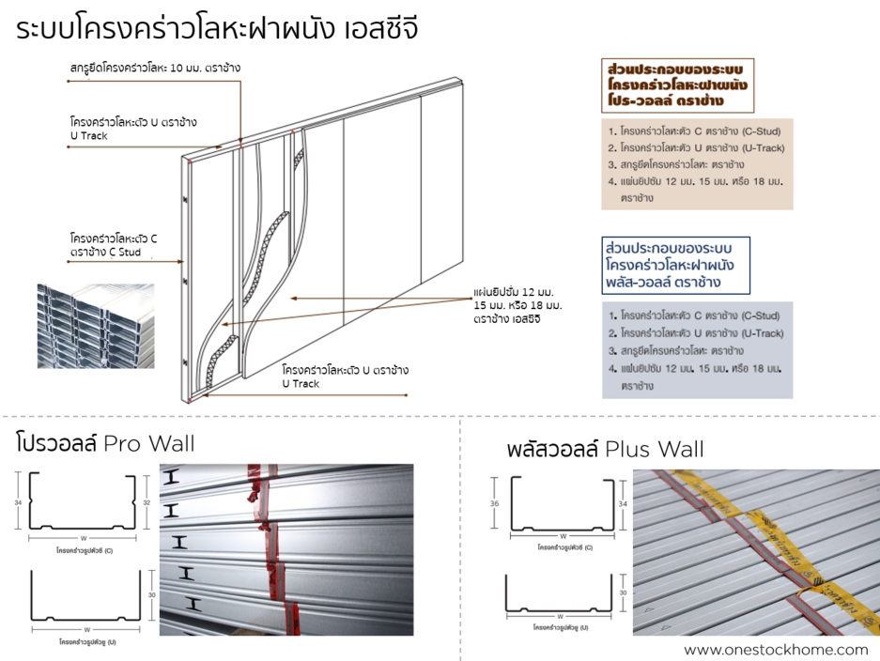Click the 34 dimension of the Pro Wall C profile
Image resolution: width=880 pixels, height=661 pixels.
pyautogui.click(x=19, y=502)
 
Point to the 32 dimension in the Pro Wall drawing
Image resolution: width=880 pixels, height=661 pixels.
pyautogui.click(x=148, y=502)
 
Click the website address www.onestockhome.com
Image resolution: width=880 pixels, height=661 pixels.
pyautogui.click(x=776, y=649)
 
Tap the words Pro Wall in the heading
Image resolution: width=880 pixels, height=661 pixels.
pyautogui.click(x=149, y=443)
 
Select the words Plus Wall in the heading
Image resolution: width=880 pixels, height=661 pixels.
pyautogui.click(x=655, y=449)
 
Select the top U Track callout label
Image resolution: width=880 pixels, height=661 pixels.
pyautogui.click(x=132, y=129)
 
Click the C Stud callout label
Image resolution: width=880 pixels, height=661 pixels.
pyautogui.click(x=113, y=245)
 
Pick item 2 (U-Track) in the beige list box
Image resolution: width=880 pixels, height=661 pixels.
pyautogui.click(x=696, y=148)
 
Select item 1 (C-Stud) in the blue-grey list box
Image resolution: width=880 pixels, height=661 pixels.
pyautogui.click(x=694, y=315)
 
